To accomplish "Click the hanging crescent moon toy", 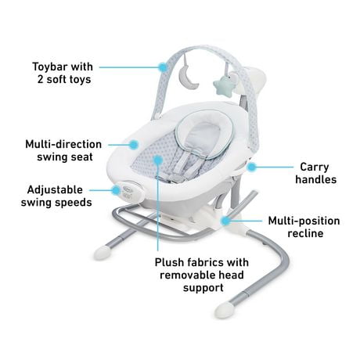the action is pyautogui.click(x=187, y=77).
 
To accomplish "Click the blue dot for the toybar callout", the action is pyautogui.click(x=163, y=67).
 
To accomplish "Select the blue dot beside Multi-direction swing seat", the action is pyautogui.click(x=134, y=145).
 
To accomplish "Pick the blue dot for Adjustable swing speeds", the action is pyautogui.click(x=116, y=190).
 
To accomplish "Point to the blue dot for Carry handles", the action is pyautogui.click(x=251, y=167).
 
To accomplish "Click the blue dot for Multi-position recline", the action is pyautogui.click(x=225, y=221).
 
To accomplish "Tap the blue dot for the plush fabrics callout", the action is pyautogui.click(x=158, y=160).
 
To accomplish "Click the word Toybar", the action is pyautogui.click(x=50, y=67).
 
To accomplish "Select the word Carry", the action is pyautogui.click(x=315, y=167).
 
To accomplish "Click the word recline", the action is pyautogui.click(x=305, y=233).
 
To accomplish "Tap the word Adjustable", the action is pyautogui.click(x=55, y=190).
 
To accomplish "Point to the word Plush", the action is pyautogui.click(x=169, y=262).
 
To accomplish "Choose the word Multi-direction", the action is pyautogui.click(x=63, y=144).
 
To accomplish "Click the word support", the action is pyautogui.click(x=203, y=288).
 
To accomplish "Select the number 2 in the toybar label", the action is pyautogui.click(x=40, y=79).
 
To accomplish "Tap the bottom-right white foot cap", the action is pyautogui.click(x=225, y=310).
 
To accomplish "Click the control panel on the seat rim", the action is pyautogui.click(x=126, y=193).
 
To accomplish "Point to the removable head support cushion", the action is pyautogui.click(x=204, y=135).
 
